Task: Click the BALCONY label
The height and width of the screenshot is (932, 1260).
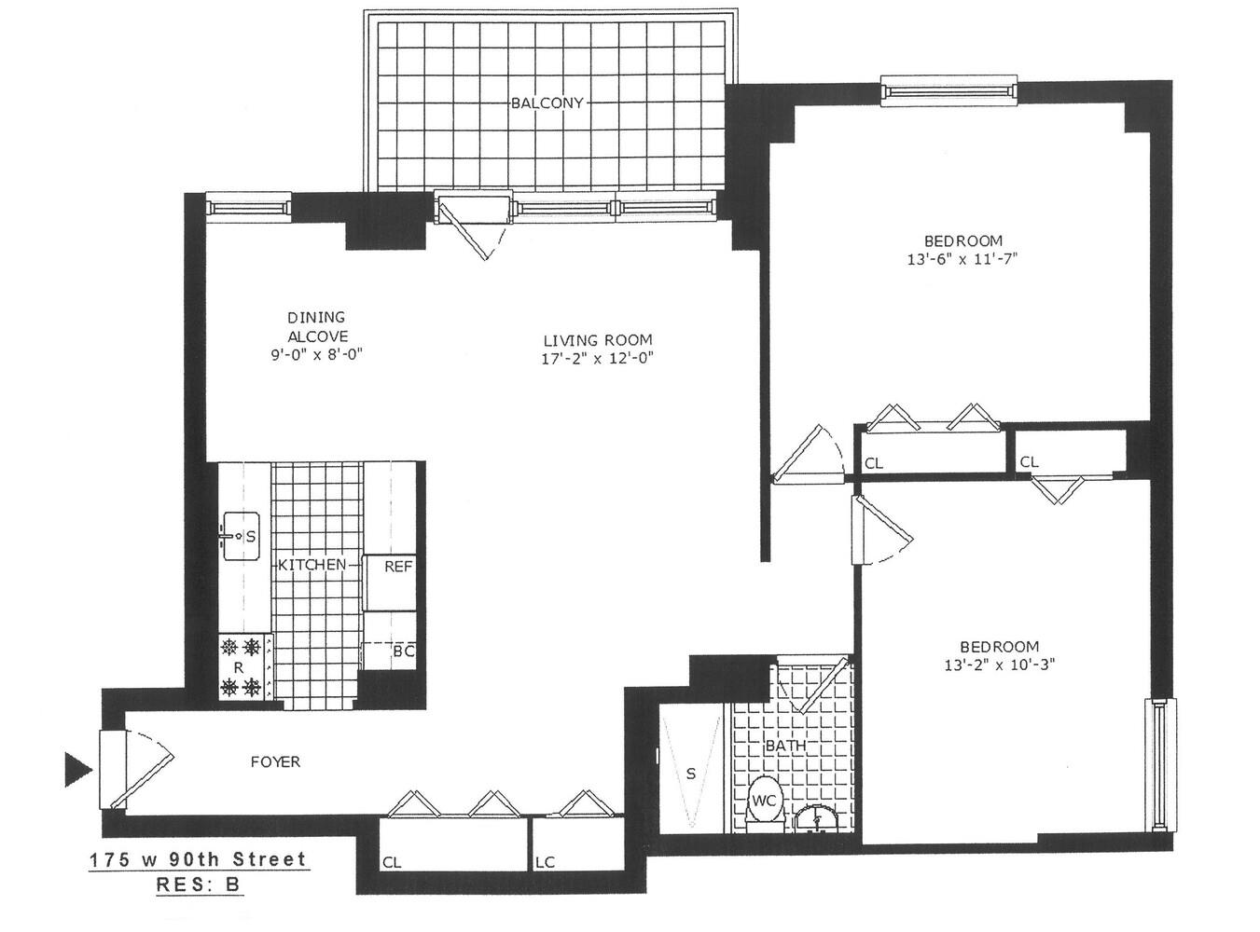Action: point(547,103)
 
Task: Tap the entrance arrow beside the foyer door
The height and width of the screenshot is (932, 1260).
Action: point(77,769)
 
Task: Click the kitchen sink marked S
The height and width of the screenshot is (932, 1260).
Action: point(241,536)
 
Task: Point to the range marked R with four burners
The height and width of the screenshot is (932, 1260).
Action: point(240,667)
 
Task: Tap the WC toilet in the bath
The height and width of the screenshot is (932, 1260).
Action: point(764,800)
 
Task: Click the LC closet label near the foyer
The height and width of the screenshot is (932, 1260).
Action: point(545,863)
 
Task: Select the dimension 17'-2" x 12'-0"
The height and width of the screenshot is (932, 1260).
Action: point(598,359)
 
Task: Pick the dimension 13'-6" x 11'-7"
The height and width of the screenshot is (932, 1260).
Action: point(962,260)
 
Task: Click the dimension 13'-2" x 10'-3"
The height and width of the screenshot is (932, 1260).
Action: point(999,665)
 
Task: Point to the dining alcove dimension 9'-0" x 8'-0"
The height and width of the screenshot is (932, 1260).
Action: point(316,354)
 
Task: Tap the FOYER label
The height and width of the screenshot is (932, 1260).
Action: point(275,762)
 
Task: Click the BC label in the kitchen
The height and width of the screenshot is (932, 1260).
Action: point(402,651)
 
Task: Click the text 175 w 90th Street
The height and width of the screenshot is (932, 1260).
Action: point(198,859)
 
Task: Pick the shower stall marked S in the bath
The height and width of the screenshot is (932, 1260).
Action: point(691,773)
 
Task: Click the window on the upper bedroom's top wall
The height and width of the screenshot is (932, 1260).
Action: point(948,90)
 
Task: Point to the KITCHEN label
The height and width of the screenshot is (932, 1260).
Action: point(312,565)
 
